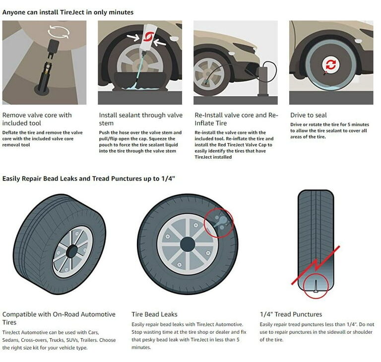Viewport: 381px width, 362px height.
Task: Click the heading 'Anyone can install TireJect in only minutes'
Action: (x=68, y=11)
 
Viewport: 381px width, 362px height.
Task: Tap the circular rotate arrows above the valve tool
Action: (x=55, y=33)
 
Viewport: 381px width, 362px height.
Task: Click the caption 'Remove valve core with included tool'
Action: (x=37, y=119)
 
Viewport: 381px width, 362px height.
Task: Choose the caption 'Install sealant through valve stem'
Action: (x=140, y=119)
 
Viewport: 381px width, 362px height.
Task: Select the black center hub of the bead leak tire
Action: (x=188, y=243)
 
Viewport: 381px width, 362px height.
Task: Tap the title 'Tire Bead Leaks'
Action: (x=154, y=314)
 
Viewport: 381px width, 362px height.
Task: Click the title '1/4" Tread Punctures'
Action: (x=291, y=314)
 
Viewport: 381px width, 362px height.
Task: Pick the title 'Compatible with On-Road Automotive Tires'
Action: (x=59, y=318)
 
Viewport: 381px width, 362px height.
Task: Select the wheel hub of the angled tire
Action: (x=72, y=251)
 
